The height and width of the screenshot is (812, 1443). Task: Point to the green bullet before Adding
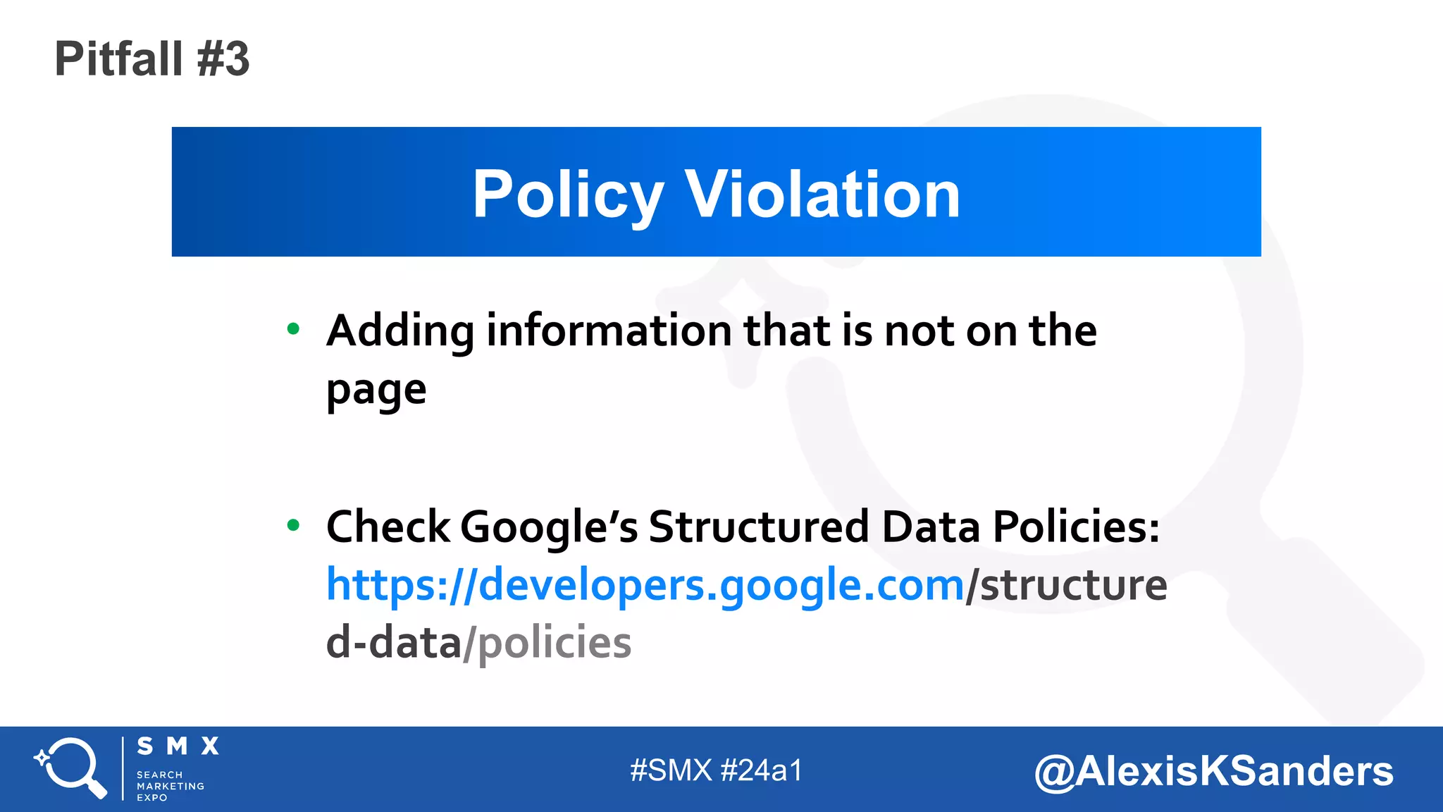(294, 328)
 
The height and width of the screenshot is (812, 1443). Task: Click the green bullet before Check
(294, 524)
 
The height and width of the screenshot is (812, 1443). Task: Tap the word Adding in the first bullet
(400, 331)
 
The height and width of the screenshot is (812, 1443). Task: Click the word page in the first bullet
(376, 390)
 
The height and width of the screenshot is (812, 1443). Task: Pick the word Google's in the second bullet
(550, 527)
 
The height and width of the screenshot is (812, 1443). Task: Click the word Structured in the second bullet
(759, 527)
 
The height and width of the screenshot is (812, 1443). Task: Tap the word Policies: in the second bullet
(1076, 527)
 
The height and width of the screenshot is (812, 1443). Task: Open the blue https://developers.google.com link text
(645, 585)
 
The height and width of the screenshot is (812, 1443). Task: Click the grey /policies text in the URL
(547, 643)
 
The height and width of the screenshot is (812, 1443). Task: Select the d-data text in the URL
(393, 643)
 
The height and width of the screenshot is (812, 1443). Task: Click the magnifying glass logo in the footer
(70, 768)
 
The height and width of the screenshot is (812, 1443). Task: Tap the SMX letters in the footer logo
(178, 746)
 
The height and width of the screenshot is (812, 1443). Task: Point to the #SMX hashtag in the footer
(671, 770)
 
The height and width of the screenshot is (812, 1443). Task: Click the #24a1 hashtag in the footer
(762, 770)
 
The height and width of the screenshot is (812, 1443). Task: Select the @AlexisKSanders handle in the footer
(1213, 770)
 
